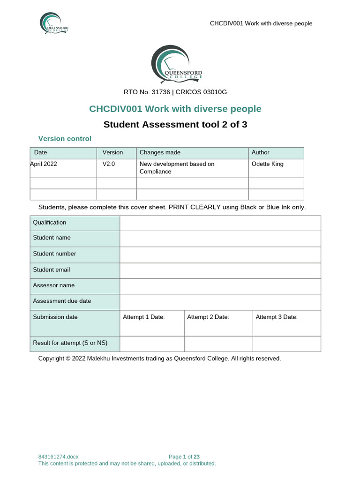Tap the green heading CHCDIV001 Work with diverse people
tap(175, 109)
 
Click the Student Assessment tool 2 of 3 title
tap(175, 125)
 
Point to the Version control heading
tap(65, 139)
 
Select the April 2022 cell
tap(44, 164)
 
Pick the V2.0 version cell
tap(109, 164)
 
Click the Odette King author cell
tap(268, 164)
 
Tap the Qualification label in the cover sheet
tap(50, 223)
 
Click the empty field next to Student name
tap(220, 238)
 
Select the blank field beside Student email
tap(220, 270)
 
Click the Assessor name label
tap(54, 285)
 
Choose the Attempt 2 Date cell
tap(208, 317)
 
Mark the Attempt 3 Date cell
tap(277, 317)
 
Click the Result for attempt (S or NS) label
tap(70, 343)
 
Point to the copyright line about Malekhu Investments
tap(159, 359)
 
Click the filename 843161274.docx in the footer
tap(59, 457)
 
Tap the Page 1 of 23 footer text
tap(184, 457)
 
